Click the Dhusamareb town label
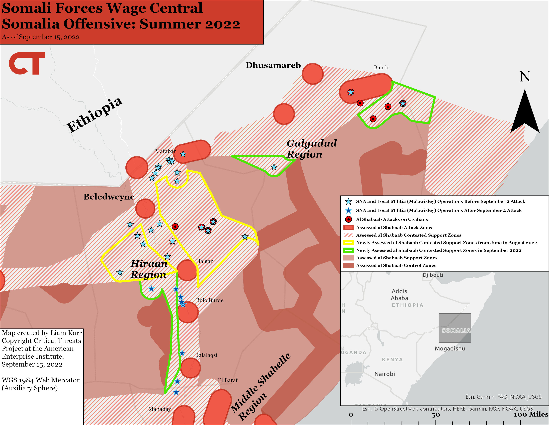[x=273, y=65]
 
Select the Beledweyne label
[x=109, y=197]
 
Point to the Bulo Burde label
[x=210, y=300]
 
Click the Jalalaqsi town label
[x=206, y=355]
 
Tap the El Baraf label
[x=227, y=380]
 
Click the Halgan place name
[x=205, y=261]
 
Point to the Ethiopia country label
[x=94, y=115]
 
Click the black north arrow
[x=525, y=112]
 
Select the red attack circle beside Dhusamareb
[x=312, y=74]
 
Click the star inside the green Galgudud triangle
[x=274, y=167]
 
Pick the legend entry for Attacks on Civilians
[x=392, y=219]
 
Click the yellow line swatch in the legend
[x=348, y=243]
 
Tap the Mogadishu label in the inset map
[x=450, y=348]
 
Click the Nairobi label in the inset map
[x=385, y=374]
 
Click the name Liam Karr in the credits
[x=66, y=333]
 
